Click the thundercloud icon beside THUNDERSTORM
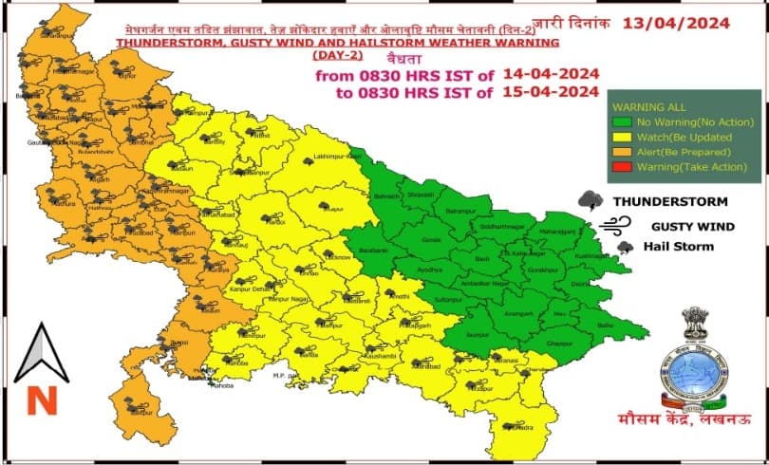point(591,201)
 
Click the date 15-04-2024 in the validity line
point(544,92)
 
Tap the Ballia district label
point(604,325)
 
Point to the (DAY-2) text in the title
point(141,56)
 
